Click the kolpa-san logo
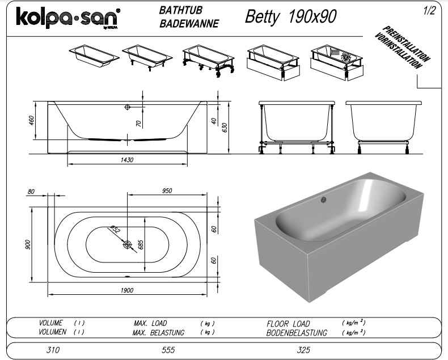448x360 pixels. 68,18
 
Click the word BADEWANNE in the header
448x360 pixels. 189,23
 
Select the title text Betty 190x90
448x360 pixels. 290,16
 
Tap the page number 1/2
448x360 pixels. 429,11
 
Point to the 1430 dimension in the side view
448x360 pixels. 127,160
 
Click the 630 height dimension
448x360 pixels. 225,127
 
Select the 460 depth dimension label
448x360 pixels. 31,120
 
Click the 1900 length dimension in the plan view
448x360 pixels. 127,290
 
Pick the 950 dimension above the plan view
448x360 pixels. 167,190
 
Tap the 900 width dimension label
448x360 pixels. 28,244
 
